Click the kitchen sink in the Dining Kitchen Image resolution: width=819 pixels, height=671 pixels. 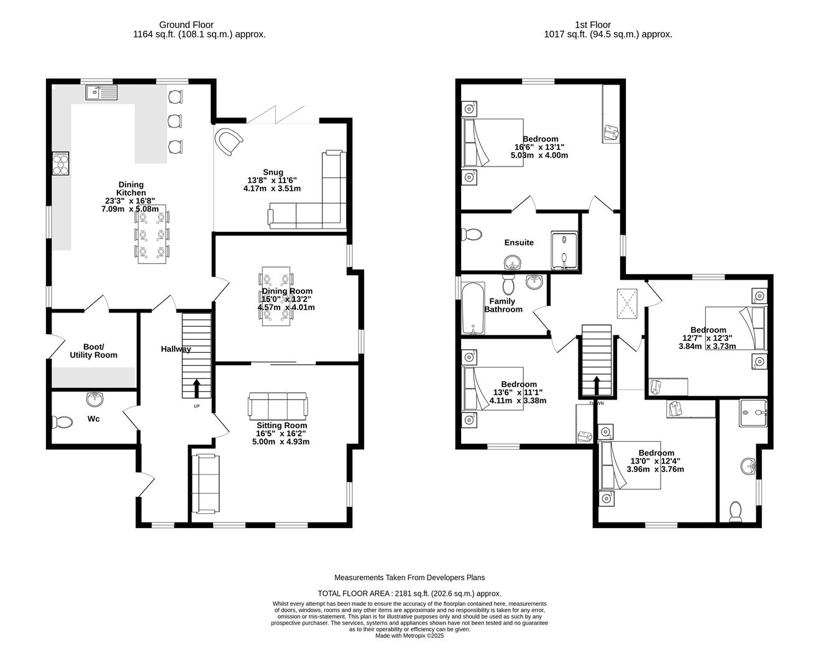click(102, 93)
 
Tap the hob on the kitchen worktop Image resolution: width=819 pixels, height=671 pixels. click(61, 163)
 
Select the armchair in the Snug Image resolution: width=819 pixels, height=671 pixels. click(229, 141)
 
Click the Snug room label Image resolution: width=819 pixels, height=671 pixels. click(273, 172)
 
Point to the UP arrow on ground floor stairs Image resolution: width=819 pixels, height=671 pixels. click(197, 388)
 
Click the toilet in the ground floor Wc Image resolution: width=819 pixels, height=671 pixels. click(62, 422)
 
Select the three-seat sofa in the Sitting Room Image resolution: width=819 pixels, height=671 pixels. click(277, 405)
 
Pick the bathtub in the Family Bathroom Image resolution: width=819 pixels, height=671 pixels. click(473, 309)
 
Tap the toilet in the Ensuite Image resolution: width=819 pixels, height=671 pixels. click(472, 234)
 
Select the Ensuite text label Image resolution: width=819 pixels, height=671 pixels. click(519, 242)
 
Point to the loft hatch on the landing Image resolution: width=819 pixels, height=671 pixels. click(628, 304)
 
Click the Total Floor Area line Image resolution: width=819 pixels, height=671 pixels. click(409, 593)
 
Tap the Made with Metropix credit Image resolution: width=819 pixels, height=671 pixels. click(409, 636)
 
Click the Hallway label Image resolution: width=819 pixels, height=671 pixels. click(176, 349)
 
